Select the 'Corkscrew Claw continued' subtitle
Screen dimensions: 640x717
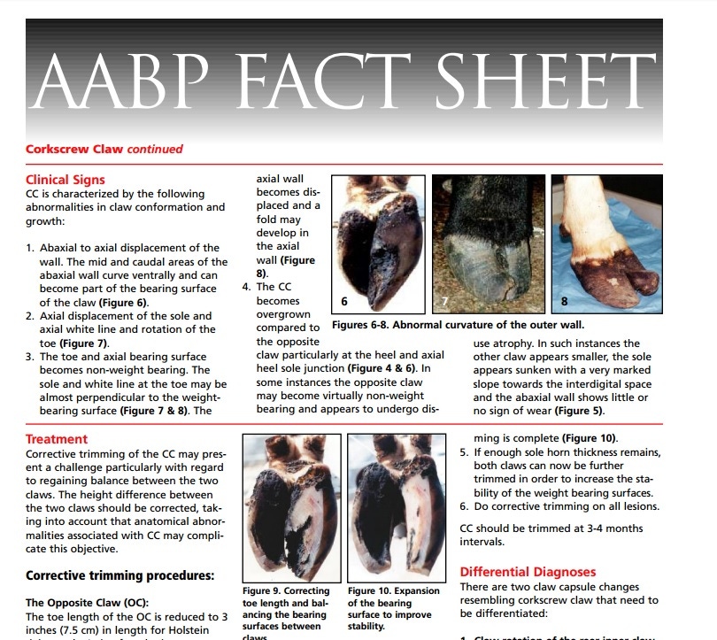point(104,150)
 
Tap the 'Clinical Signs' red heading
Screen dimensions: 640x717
point(66,180)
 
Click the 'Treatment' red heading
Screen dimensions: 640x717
point(57,439)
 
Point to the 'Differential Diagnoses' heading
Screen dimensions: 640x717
point(528,572)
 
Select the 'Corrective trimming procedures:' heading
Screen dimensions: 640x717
point(120,574)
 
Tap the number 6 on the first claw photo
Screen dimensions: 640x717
point(344,302)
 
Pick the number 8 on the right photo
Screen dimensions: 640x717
point(564,302)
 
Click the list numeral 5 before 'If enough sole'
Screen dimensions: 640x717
point(464,452)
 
